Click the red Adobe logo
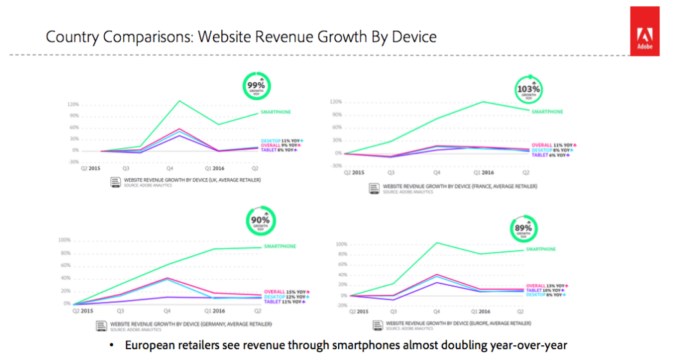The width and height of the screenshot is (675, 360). pos(644,31)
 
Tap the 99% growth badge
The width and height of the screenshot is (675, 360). pos(256,86)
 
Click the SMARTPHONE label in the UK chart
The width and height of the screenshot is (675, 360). pos(275,113)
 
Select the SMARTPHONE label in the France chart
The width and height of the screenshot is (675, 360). pos(548,111)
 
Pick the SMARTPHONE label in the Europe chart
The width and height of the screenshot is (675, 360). pos(541,249)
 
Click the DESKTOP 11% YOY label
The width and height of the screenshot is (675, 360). pos(282,140)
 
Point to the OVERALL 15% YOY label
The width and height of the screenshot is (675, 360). pos(287,292)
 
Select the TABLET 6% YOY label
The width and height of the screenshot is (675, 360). pos(551,155)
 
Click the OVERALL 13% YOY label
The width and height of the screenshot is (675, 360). pos(546,285)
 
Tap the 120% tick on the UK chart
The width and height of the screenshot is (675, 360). pos(73,104)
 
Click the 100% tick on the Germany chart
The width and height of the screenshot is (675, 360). pos(64,240)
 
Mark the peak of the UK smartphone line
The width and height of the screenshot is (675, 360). pos(178,100)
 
